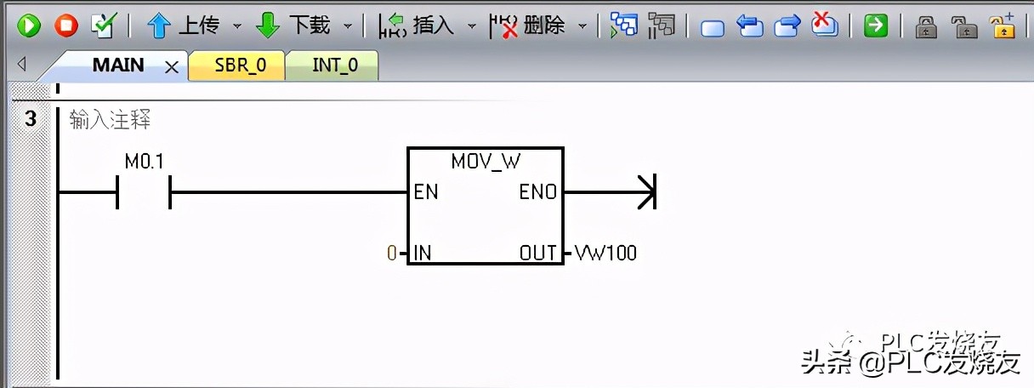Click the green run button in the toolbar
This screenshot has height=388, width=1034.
point(29,26)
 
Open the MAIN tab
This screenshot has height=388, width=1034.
point(118,66)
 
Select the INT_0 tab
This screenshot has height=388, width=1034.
point(334,66)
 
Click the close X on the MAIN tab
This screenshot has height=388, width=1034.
point(171,67)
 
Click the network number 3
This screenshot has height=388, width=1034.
point(31,119)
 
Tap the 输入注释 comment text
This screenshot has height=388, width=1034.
point(110,121)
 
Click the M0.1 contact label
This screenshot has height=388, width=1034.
point(144,162)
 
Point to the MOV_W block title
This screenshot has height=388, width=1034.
point(485,161)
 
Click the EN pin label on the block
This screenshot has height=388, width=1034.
point(426,192)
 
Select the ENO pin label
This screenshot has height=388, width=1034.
point(538,192)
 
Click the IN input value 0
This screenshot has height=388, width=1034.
point(392,253)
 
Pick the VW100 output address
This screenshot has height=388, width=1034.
point(605,253)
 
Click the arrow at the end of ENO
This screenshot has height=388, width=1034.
point(646,192)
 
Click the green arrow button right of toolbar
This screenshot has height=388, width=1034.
point(875,26)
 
